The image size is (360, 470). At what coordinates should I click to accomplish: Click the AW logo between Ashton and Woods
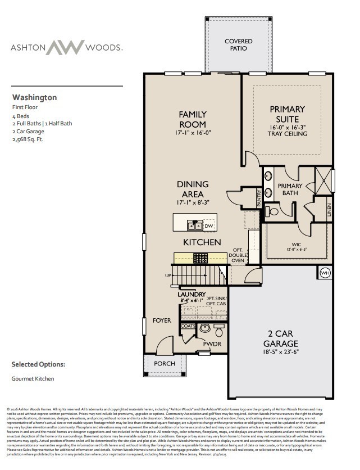(65, 47)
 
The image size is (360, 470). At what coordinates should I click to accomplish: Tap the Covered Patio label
(239, 45)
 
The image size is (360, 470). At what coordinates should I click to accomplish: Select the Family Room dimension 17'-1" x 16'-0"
(192, 133)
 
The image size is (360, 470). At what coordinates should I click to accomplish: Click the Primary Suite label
(287, 114)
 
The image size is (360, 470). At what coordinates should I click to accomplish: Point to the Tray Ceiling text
(287, 134)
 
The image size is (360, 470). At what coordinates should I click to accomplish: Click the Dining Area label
(193, 189)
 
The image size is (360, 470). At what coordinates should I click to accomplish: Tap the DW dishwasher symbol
(209, 226)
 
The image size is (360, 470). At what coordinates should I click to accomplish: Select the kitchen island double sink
(195, 226)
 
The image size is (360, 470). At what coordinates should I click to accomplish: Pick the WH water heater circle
(325, 273)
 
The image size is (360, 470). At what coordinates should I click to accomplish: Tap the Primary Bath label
(290, 189)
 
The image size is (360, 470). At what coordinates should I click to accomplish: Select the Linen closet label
(329, 210)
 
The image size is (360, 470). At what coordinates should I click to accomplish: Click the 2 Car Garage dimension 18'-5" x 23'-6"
(281, 352)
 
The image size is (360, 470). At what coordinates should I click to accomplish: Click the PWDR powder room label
(212, 344)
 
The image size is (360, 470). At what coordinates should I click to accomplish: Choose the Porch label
(165, 364)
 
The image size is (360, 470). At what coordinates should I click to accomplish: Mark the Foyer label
(162, 320)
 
